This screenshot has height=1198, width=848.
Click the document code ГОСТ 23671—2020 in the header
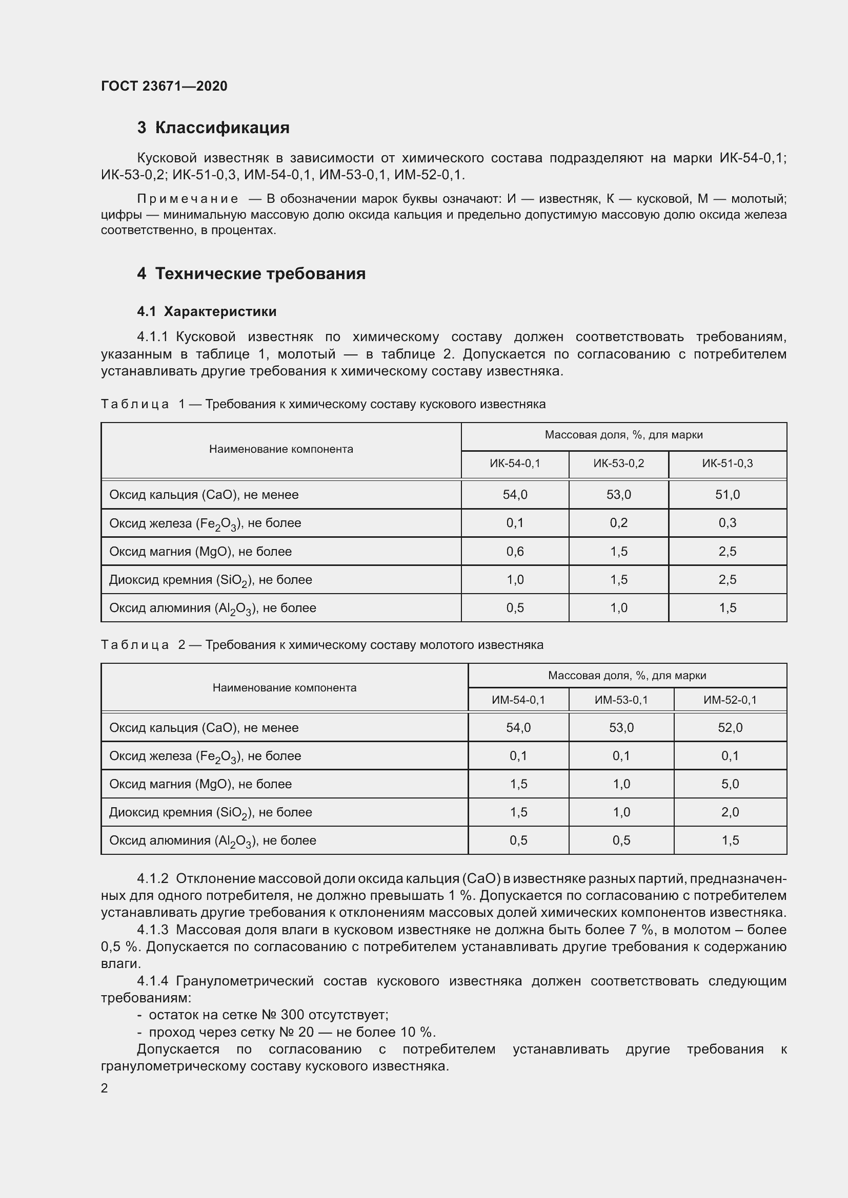coord(164,86)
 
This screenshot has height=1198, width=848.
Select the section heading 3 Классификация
coord(213,128)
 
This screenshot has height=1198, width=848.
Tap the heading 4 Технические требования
coord(251,274)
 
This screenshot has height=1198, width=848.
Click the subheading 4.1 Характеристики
coord(207,311)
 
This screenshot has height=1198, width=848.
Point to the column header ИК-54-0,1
coord(515,464)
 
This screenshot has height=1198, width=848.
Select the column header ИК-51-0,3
coord(728,464)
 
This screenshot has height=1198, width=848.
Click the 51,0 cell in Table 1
coord(728,494)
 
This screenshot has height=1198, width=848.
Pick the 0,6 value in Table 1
coord(515,551)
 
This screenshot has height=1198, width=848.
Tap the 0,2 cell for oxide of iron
coord(619,523)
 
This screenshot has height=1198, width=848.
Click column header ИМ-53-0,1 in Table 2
coord(621,700)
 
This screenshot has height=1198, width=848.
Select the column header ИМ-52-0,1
coord(730,700)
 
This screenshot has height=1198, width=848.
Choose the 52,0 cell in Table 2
coord(730,727)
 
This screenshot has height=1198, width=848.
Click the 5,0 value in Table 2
coord(730,784)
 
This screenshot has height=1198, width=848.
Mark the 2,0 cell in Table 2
coord(730,812)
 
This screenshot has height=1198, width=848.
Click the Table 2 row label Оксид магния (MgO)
coord(200,784)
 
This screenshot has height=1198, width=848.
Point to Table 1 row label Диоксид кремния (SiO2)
coord(210,580)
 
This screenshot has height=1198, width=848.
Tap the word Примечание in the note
coord(188,199)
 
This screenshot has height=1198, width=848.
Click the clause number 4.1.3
coord(152,930)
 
